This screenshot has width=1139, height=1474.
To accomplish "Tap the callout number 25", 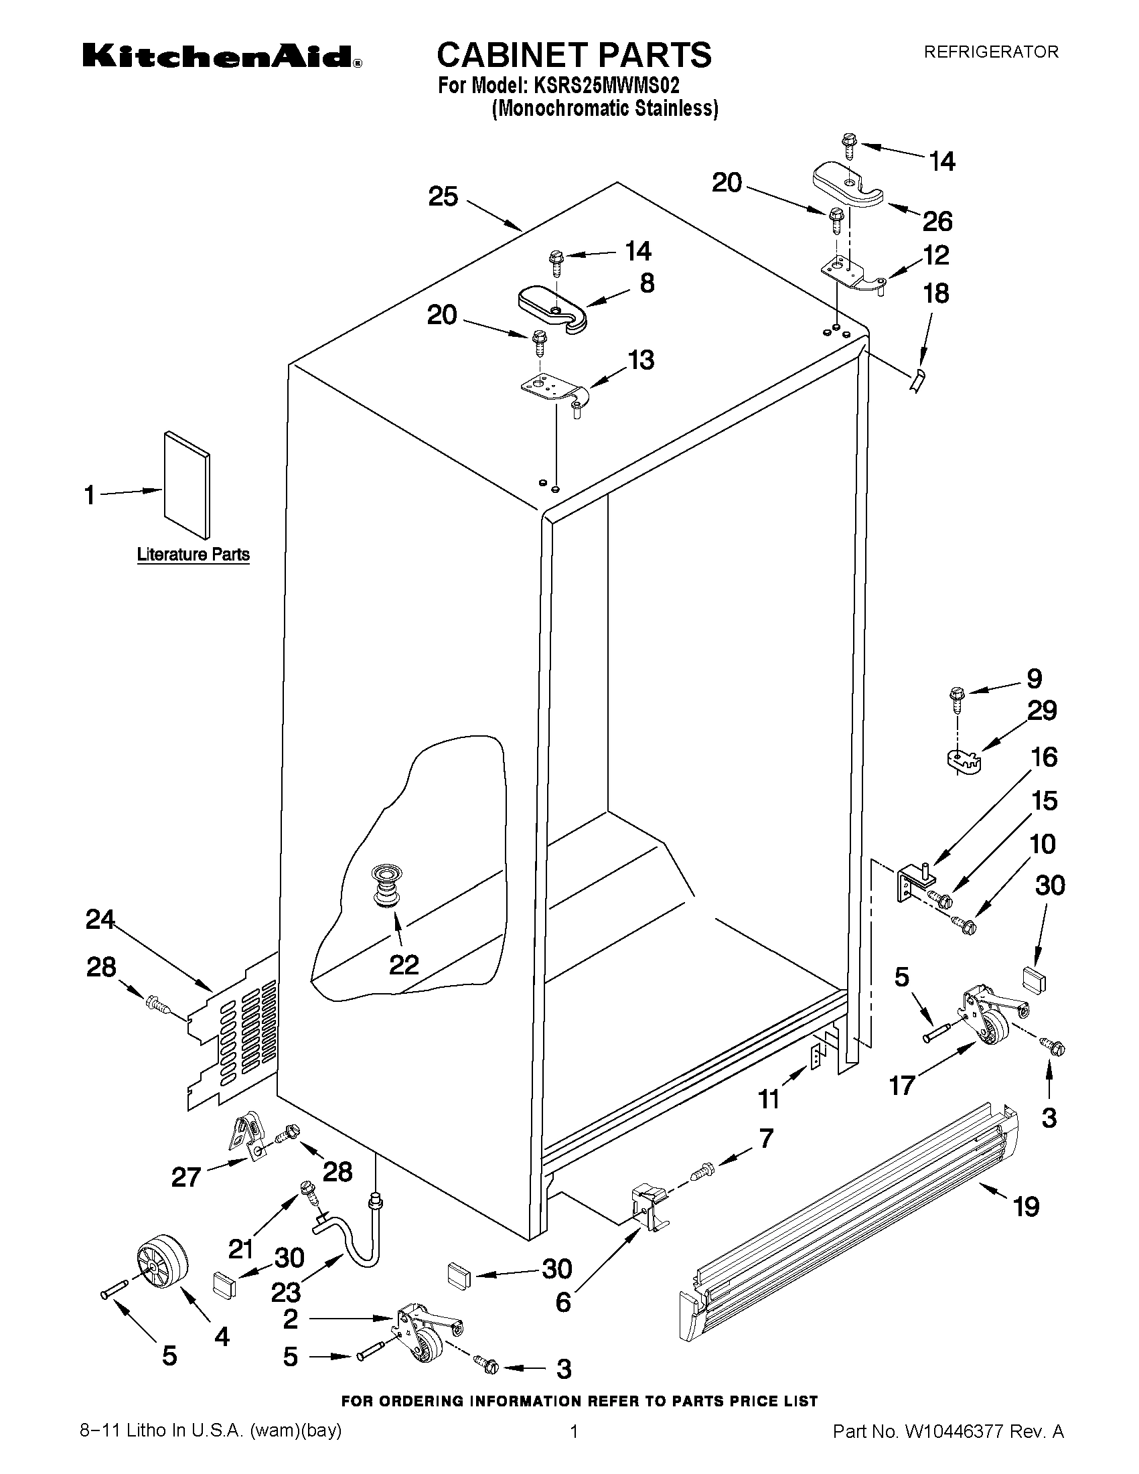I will [x=443, y=197].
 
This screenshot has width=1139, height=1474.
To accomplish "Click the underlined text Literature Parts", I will [x=194, y=555].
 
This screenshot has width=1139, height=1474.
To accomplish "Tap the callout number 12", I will [x=936, y=255].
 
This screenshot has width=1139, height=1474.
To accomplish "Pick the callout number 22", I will [x=404, y=964].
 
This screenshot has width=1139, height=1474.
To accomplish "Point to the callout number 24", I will [x=100, y=919].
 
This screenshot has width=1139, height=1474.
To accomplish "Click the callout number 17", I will [x=902, y=1086].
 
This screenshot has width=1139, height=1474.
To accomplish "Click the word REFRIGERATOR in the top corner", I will [x=990, y=52].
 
